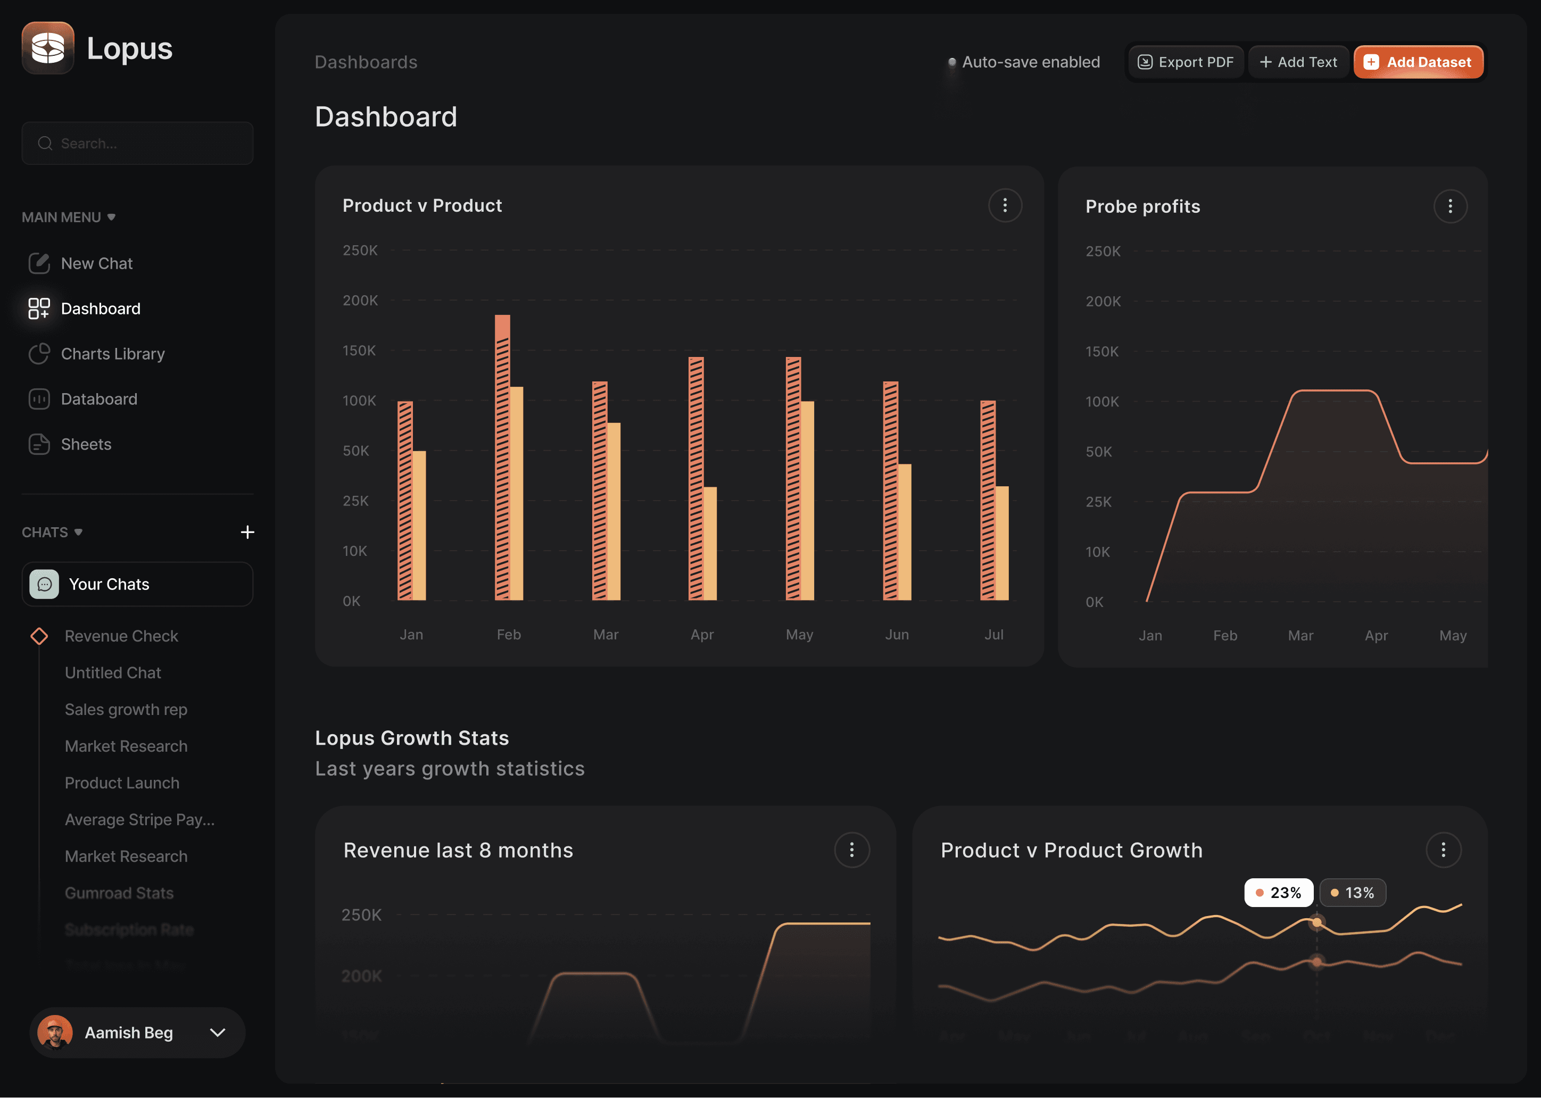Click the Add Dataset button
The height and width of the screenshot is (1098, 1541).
[x=1418, y=62]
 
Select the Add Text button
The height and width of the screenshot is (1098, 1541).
[x=1298, y=62]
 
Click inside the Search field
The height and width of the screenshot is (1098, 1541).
[x=137, y=143]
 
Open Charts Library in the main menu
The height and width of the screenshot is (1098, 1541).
[x=112, y=354]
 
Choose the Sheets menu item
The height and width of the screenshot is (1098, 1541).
[x=86, y=444]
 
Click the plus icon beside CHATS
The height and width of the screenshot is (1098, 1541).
[x=247, y=532]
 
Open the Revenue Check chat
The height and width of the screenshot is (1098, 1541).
[x=121, y=636]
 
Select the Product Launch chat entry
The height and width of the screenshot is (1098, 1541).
[x=122, y=783]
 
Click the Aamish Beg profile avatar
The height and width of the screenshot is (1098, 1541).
[x=55, y=1033]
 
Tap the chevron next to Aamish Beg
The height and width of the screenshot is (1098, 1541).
[x=218, y=1033]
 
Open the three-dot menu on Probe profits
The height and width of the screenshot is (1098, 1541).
[x=1449, y=206]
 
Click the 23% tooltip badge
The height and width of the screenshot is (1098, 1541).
[x=1278, y=893]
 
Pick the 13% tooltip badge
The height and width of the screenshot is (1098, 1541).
[x=1352, y=893]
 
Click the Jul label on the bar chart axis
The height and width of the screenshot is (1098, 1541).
[x=993, y=634]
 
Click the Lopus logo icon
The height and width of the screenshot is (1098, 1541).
[x=48, y=48]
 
